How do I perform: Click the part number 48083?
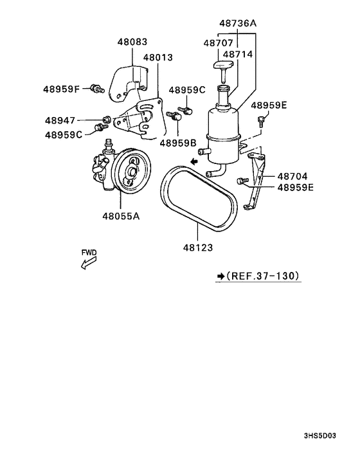(132, 42)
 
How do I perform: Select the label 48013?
(157, 58)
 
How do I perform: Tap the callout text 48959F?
(62, 89)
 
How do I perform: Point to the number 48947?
(60, 120)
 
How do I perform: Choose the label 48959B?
(179, 143)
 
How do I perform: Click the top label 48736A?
(237, 23)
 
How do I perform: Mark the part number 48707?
(217, 42)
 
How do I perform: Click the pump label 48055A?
(120, 216)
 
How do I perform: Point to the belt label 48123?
(197, 246)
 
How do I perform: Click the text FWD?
(89, 253)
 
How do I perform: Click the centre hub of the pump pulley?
(132, 172)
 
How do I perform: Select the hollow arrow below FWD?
(87, 264)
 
